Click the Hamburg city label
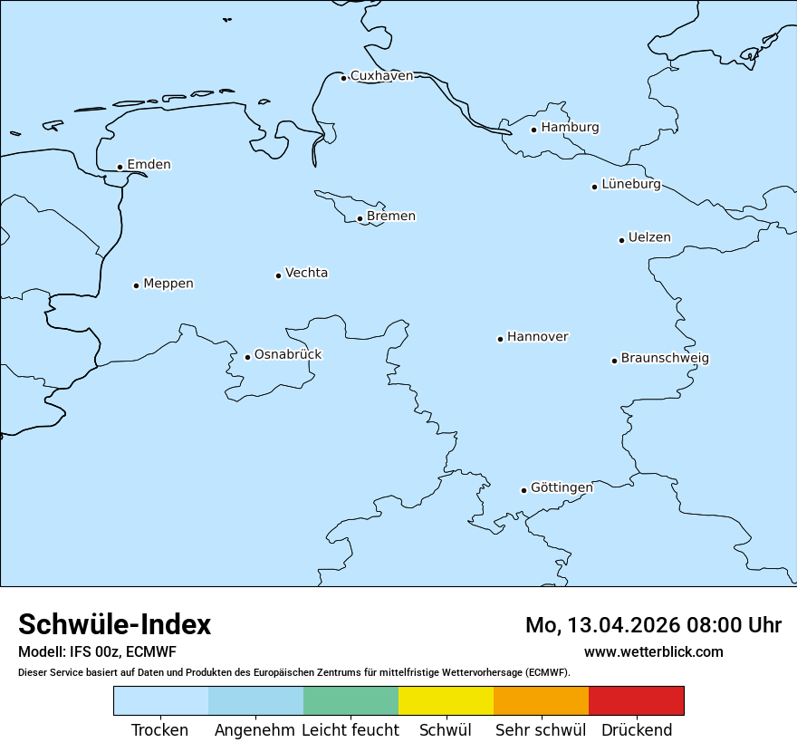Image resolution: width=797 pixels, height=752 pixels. point(570,128)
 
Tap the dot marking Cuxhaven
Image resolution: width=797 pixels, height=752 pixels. point(343,78)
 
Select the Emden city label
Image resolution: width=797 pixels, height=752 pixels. point(149,165)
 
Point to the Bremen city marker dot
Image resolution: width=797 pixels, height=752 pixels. point(360,218)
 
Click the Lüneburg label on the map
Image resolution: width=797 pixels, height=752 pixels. point(630,185)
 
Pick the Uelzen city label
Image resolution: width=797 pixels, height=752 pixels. point(649,238)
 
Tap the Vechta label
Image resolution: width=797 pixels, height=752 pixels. point(306,273)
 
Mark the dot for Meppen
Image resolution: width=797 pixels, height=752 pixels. point(136,285)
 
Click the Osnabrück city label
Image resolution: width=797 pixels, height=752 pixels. point(288,354)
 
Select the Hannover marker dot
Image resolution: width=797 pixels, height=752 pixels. point(500,339)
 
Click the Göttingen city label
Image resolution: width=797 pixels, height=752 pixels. point(562,487)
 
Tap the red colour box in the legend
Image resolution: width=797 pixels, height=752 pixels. point(636,700)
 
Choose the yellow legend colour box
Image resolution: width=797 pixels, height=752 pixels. point(446,700)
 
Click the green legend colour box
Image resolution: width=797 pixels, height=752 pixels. point(350,700)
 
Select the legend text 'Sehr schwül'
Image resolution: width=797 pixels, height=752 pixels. point(541,730)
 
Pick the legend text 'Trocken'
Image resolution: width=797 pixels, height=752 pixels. point(160,730)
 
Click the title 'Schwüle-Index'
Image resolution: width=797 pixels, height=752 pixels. point(115,624)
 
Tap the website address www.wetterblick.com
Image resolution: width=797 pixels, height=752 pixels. point(653,652)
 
